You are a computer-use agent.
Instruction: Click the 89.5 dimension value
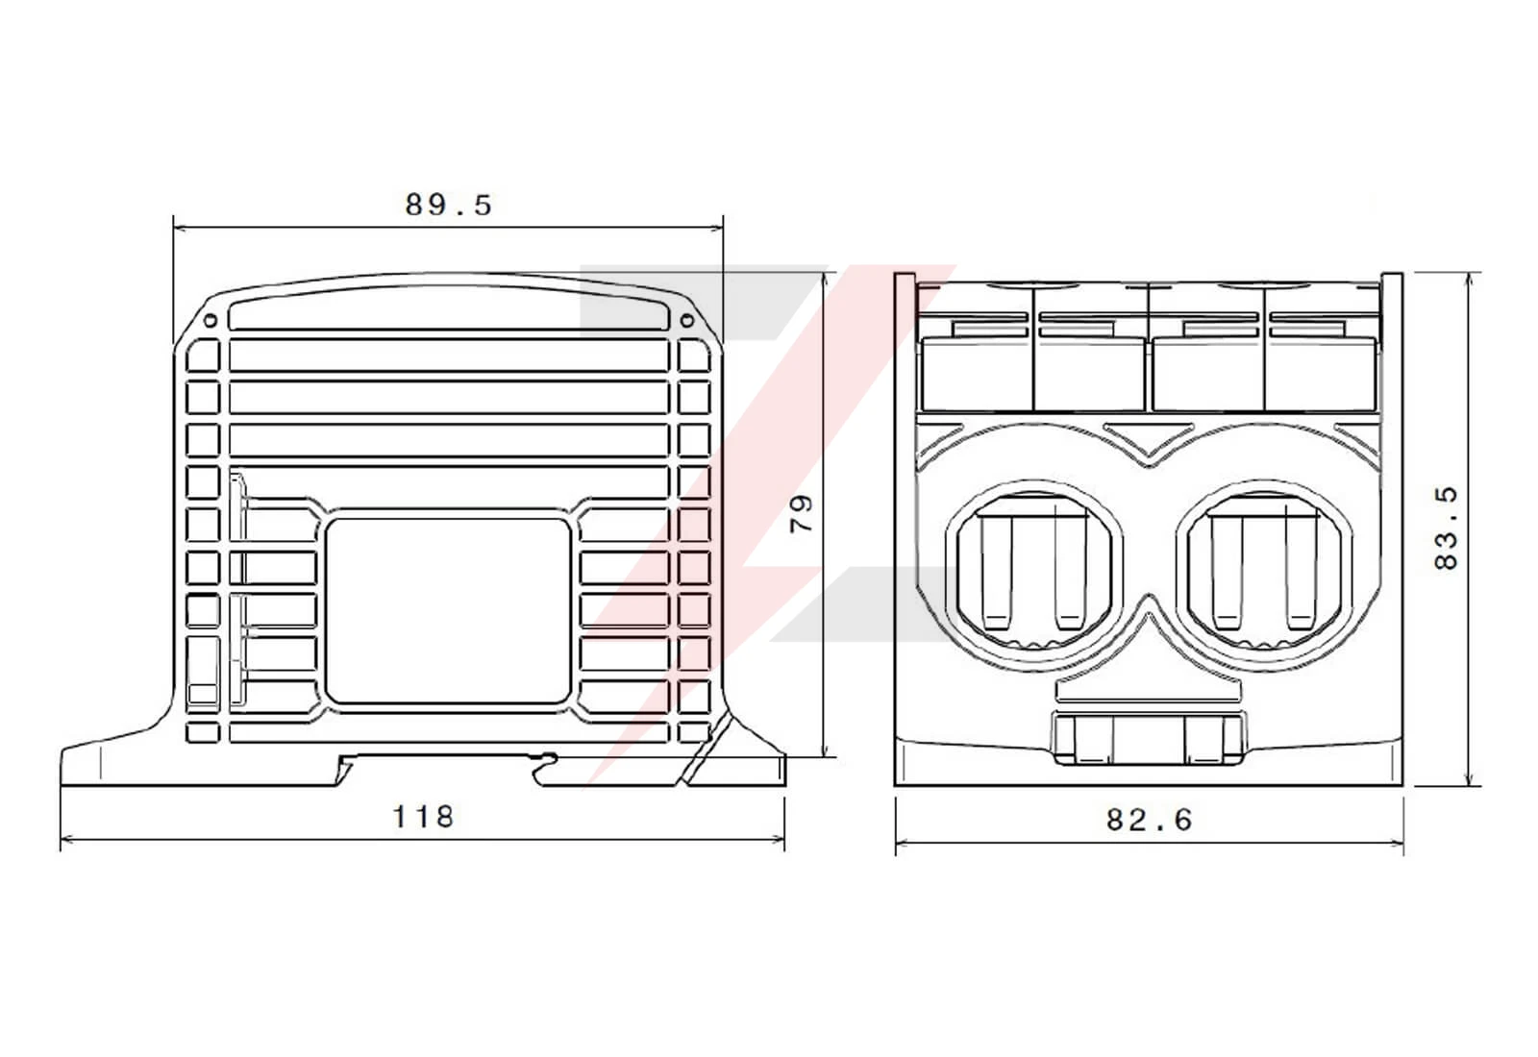coord(448,205)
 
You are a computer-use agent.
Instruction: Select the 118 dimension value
coord(423,816)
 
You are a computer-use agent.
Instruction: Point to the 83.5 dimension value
coord(1446,528)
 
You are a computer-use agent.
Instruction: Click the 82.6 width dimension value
coord(1150,820)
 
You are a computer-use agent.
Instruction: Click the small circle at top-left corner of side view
coord(211,320)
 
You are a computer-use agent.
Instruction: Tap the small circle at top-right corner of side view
coord(686,320)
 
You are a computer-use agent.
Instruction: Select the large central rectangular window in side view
coord(448,610)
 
